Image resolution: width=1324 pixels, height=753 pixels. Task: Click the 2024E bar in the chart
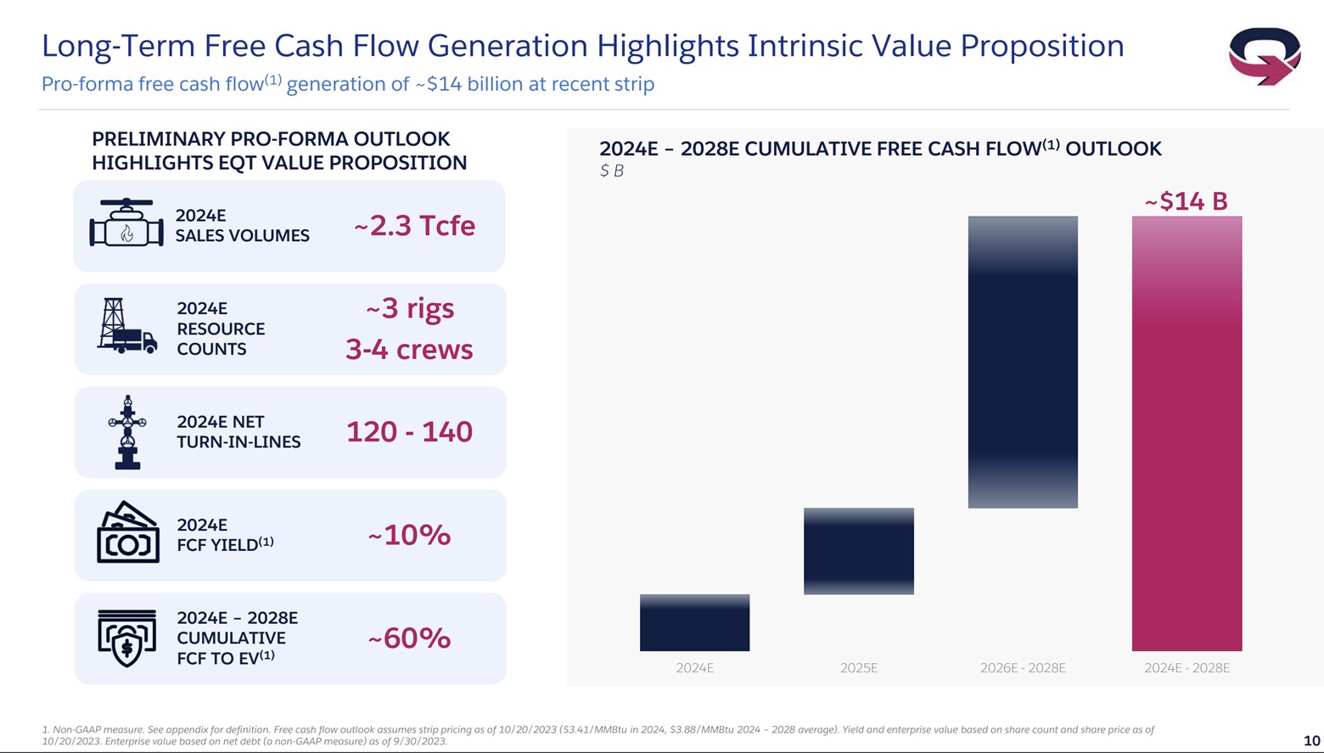coord(694,622)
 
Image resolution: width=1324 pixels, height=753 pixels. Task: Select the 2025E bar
coord(858,551)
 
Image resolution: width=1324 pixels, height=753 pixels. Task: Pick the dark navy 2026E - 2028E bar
coord(1022,362)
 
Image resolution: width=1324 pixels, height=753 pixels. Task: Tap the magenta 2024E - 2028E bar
coord(1186,433)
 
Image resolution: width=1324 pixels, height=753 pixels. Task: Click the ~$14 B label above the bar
coord(1186,201)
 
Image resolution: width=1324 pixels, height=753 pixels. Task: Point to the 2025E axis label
coord(858,668)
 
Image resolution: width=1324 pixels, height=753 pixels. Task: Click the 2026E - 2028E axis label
coord(1022,668)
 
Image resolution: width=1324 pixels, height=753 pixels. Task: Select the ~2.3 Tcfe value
coord(414,226)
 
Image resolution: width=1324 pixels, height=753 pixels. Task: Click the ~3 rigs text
coord(410,308)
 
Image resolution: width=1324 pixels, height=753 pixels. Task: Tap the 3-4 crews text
coord(409,349)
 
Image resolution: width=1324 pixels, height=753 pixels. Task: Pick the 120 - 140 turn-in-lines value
coord(409,432)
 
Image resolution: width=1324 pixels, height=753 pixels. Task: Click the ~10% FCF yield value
coord(409,535)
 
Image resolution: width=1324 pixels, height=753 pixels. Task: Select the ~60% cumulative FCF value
coord(409,638)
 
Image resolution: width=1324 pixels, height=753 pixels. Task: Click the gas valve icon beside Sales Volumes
coord(126,224)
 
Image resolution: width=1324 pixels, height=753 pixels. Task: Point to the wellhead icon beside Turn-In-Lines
coord(127,432)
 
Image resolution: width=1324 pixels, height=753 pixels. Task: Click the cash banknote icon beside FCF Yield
coord(128,532)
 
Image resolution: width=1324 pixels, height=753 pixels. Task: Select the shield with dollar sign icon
coord(127,638)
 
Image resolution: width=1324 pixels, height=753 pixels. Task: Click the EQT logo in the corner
coord(1264,56)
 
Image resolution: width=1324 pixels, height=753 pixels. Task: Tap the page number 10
coord(1310,740)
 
